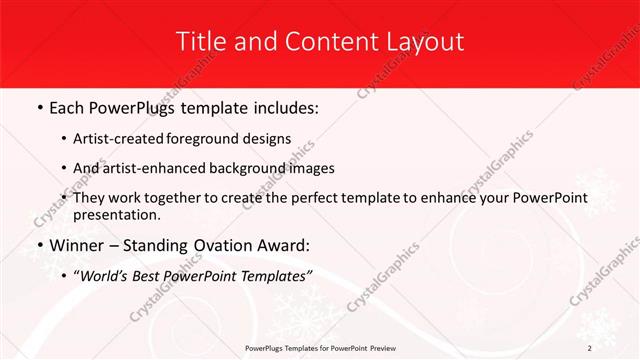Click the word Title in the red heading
pos(199,41)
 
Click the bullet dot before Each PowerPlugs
pos(38,106)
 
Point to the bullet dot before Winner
pos(38,245)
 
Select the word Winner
pos(80,245)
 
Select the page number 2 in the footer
pos(590,348)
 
